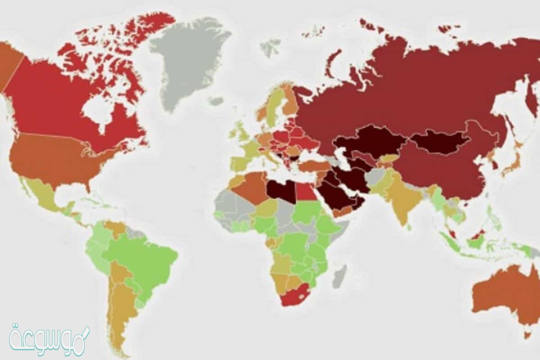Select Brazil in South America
click(144, 261)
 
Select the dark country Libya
click(281, 191)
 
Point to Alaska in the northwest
click(9, 63)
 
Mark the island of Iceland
click(216, 101)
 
